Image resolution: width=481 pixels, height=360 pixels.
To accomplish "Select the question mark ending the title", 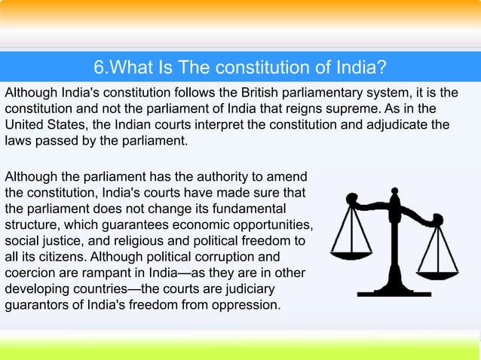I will coord(382,69).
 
